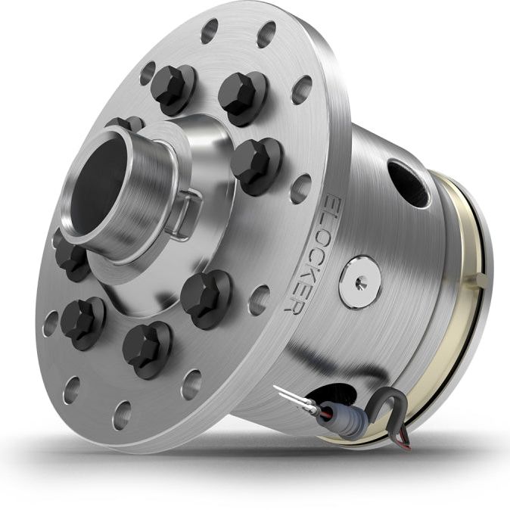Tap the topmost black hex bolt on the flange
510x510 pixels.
pyautogui.click(x=173, y=85)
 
